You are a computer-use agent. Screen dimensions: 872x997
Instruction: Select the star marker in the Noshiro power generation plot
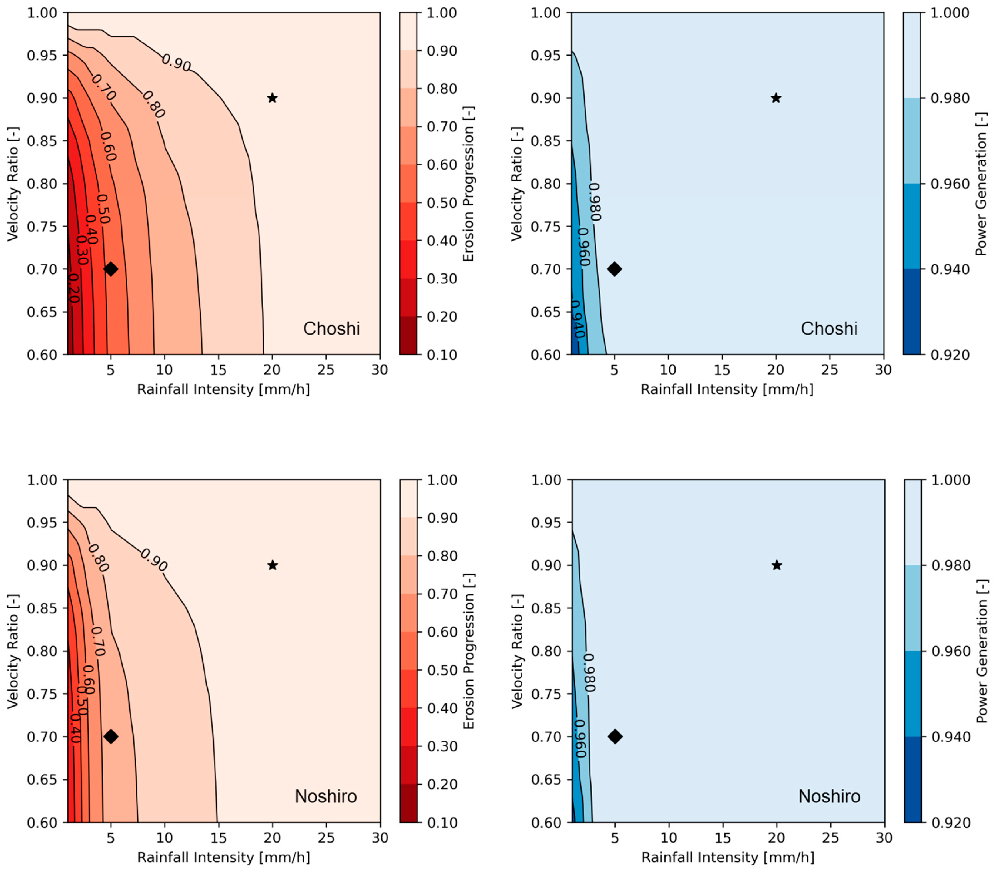pos(777,565)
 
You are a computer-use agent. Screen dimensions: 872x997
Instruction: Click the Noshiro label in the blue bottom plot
pos(829,796)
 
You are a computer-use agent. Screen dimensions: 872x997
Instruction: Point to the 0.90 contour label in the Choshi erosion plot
pos(176,62)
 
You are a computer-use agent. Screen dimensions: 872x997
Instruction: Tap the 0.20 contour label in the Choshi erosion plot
pos(73,288)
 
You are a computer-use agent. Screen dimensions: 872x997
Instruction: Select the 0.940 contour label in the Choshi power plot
pos(578,319)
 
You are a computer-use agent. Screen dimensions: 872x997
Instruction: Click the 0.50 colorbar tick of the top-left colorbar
pos(441,203)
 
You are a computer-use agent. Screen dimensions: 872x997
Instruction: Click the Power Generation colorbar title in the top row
pos(981,184)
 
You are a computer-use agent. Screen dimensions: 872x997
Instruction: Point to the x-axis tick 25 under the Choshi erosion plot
pos(326,370)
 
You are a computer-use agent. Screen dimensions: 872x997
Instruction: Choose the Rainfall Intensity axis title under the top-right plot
pos(727,389)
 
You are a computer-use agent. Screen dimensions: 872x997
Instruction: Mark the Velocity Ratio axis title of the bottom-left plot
pos(13,651)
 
